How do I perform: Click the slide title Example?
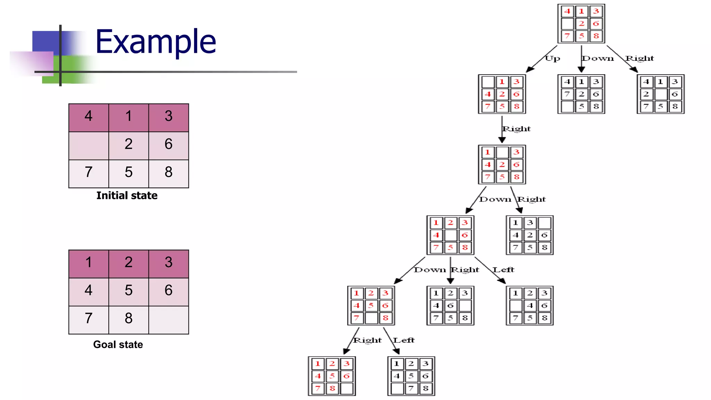click(156, 42)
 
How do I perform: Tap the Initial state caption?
click(127, 195)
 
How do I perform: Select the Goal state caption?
click(118, 344)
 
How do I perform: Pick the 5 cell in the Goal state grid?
click(128, 290)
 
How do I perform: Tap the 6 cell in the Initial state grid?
click(169, 144)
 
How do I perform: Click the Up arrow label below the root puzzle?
click(552, 58)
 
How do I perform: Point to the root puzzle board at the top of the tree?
click(581, 24)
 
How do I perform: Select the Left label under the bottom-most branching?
click(404, 340)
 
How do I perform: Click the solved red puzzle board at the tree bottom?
click(332, 376)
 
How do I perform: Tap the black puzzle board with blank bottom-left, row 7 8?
click(411, 376)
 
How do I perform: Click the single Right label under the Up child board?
click(517, 129)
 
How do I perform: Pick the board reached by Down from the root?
click(581, 94)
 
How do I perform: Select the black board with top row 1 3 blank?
click(530, 235)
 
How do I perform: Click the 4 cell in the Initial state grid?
click(89, 116)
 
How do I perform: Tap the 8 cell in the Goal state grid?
click(128, 318)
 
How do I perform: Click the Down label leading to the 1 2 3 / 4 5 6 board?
click(430, 270)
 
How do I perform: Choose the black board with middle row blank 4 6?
click(530, 306)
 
